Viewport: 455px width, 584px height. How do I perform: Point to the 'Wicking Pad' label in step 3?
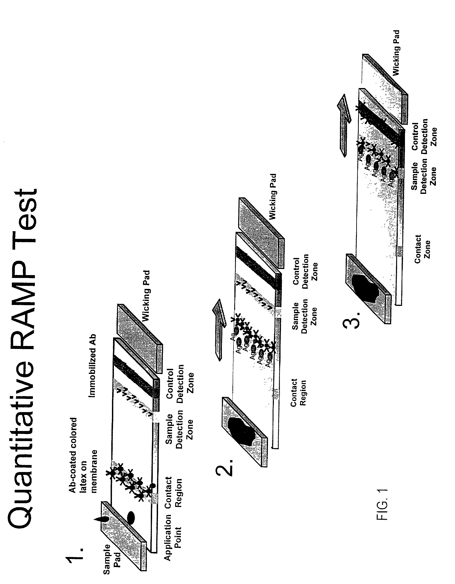396,52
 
